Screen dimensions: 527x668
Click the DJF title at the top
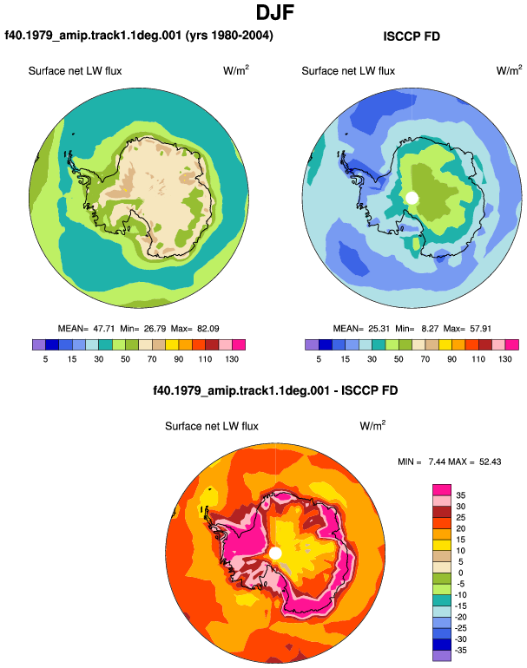275,12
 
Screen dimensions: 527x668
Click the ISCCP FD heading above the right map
412,36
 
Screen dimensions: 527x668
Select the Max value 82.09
208,329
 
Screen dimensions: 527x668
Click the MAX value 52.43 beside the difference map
490,462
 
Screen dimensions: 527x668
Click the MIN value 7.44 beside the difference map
436,462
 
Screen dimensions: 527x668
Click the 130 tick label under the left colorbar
232,359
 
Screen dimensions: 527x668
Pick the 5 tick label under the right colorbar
319,359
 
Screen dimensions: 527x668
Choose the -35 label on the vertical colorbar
461,650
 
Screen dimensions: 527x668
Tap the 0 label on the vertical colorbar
460,573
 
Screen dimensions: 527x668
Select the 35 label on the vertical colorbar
460,495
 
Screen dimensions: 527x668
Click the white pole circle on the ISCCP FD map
412,198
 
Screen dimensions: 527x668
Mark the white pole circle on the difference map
275,553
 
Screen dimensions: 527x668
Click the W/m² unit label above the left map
236,70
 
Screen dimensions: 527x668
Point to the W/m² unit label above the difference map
372,425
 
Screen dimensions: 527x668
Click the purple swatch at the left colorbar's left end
38,344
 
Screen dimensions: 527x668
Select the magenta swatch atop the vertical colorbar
442,489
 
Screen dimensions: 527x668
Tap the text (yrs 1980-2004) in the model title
229,36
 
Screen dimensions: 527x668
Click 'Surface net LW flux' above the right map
348,71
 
